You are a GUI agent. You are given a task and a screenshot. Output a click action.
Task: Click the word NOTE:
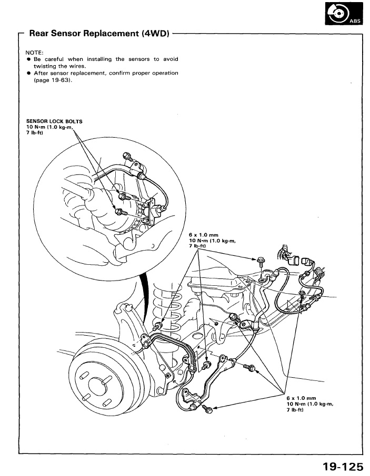click(x=34, y=53)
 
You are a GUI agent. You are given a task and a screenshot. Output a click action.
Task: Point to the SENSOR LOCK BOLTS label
click(x=54, y=121)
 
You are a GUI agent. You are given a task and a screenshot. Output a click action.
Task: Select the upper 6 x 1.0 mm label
click(x=203, y=235)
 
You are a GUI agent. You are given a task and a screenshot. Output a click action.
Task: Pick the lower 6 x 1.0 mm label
click(x=301, y=398)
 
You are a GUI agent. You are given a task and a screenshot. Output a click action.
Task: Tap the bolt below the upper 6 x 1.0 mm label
click(x=262, y=260)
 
